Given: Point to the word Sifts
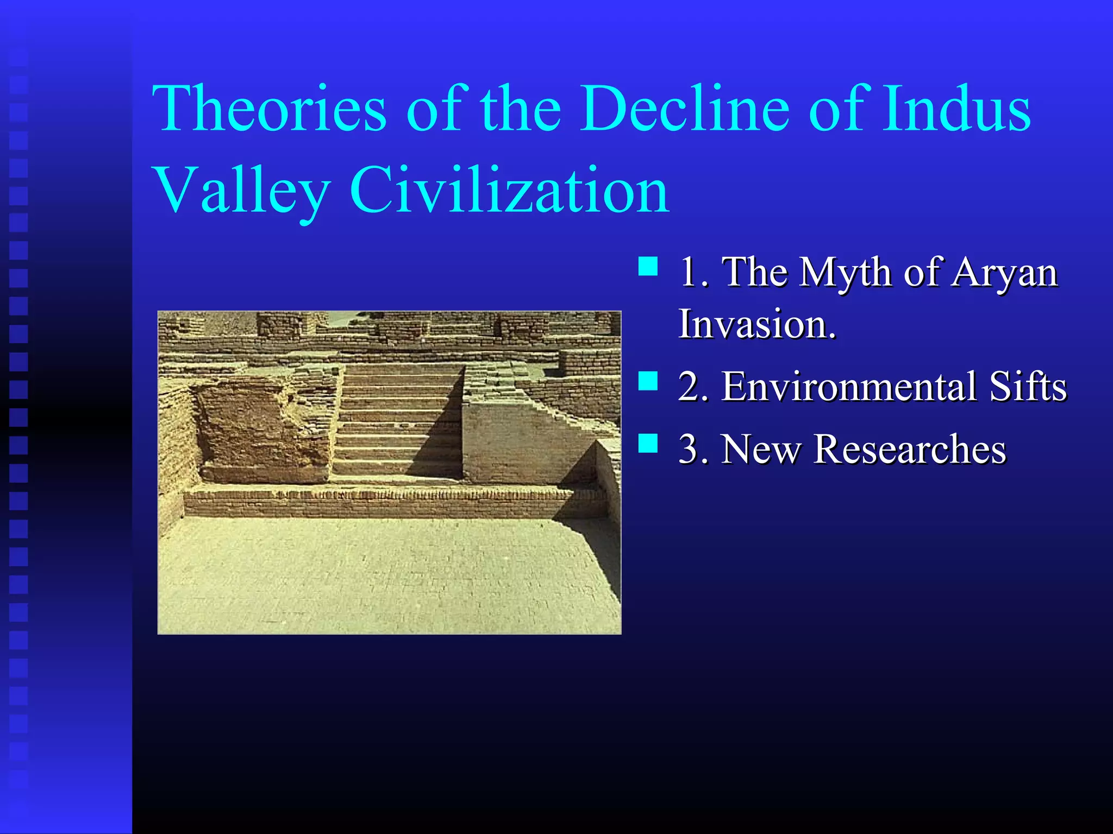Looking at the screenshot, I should pos(1028,387).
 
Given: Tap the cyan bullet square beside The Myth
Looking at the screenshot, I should pos(648,267).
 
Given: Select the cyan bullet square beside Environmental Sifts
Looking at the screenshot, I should pos(648,381).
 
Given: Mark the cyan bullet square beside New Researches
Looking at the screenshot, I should pos(648,443).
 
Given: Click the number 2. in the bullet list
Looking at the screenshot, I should pos(693,387).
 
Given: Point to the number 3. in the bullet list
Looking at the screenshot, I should pos(693,450).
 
